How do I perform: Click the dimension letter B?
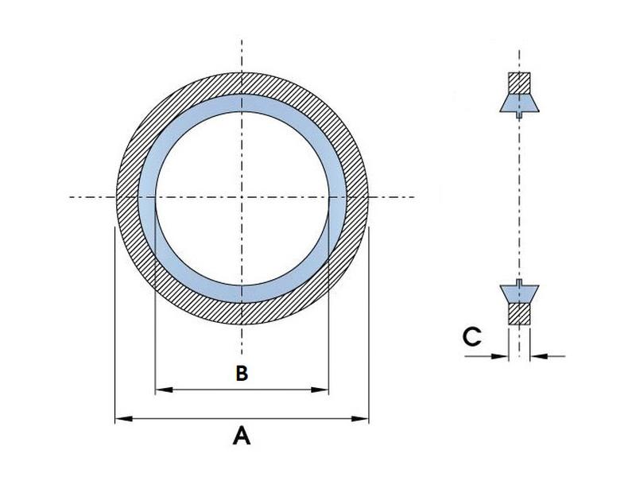click(242, 373)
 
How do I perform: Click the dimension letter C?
click(471, 337)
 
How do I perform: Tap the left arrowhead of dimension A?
click(121, 417)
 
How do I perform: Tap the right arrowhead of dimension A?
click(364, 417)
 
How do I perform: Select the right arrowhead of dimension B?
click(324, 390)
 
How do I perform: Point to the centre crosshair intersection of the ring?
click(242, 196)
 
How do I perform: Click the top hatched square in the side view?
click(519, 83)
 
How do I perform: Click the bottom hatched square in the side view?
click(519, 312)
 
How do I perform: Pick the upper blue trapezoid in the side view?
click(519, 103)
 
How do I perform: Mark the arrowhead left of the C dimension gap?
click(503, 355)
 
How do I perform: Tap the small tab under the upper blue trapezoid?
click(519, 114)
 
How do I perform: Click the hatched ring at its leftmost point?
click(127, 196)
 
